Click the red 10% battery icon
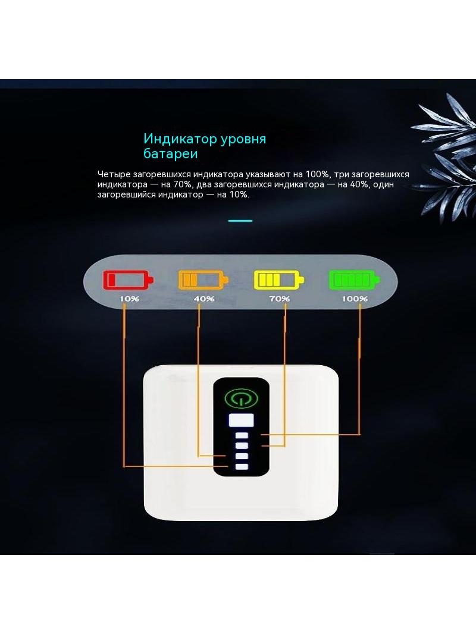pyautogui.click(x=129, y=280)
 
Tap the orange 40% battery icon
pyautogui.click(x=203, y=280)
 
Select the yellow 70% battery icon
pyautogui.click(x=279, y=280)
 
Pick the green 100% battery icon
pyautogui.click(x=355, y=280)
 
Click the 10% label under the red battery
pyautogui.click(x=129, y=299)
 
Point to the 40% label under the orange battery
pyautogui.click(x=204, y=299)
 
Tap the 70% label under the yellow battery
pyautogui.click(x=280, y=299)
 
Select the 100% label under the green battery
pyautogui.click(x=355, y=299)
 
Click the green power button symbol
pyautogui.click(x=241, y=398)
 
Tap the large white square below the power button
pyautogui.click(x=242, y=420)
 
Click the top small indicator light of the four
pyautogui.click(x=242, y=435)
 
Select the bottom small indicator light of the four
pyautogui.click(x=242, y=467)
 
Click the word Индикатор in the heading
pyautogui.click(x=180, y=139)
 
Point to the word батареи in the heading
pyautogui.click(x=171, y=154)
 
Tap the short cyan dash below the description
pyautogui.click(x=240, y=221)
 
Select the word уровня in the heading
pyautogui.click(x=243, y=140)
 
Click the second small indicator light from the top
pyautogui.click(x=242, y=445)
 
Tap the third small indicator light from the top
pyautogui.click(x=242, y=456)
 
